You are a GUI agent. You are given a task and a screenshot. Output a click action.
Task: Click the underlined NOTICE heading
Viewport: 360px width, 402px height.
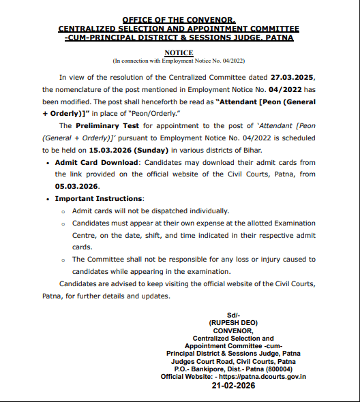[x=179, y=52]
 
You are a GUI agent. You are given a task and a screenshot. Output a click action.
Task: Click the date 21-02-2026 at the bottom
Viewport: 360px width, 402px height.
[x=233, y=386]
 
